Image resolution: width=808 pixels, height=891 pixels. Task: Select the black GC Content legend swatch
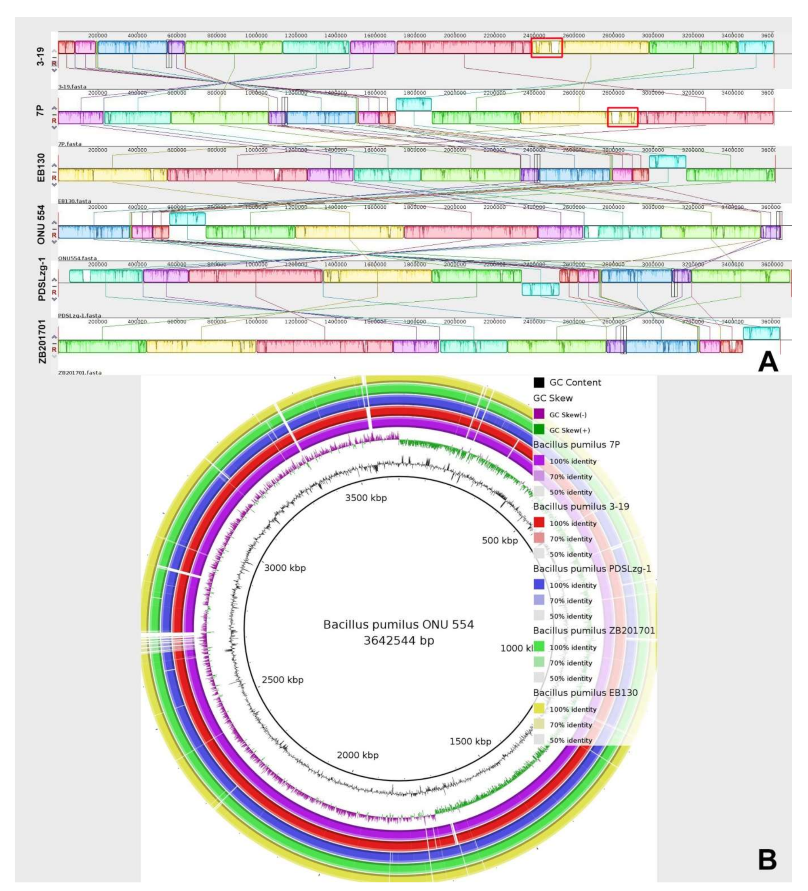[539, 382]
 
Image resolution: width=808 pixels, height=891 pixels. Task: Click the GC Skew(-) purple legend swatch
[539, 414]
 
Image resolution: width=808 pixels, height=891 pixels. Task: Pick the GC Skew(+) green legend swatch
[539, 430]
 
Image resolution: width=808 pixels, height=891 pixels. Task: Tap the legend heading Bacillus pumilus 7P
[576, 444]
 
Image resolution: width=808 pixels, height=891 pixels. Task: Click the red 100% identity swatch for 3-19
[539, 523]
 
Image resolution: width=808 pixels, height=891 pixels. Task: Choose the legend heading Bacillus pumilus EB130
[585, 693]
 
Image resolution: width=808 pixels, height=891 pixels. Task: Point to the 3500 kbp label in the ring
[366, 498]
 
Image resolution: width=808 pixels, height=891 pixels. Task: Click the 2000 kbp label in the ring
[357, 755]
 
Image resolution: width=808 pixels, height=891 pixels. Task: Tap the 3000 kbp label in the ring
[285, 568]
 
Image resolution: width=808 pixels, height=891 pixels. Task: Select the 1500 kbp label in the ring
[470, 742]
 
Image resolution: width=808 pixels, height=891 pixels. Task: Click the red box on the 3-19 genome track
[546, 47]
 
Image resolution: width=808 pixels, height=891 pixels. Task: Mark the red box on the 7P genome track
[622, 117]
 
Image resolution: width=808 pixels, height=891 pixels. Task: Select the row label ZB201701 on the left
[42, 341]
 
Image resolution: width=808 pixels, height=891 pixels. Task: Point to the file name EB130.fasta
[74, 201]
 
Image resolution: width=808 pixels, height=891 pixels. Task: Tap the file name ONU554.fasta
[77, 258]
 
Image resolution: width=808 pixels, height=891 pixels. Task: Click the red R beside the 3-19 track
[54, 63]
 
